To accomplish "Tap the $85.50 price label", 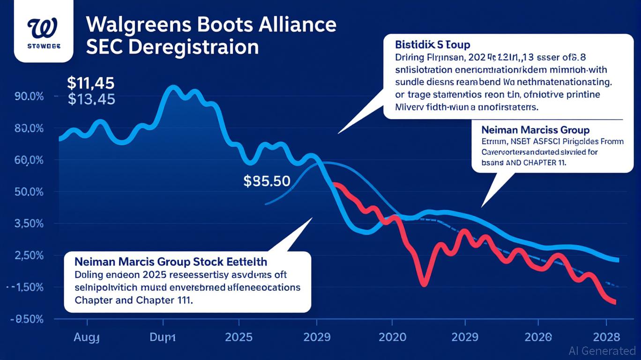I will (267, 181).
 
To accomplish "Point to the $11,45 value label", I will (90, 83).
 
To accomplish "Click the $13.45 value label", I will (91, 99).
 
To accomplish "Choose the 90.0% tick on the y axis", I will (29, 96).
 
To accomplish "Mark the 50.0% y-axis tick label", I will (29, 192).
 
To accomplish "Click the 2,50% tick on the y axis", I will (29, 255).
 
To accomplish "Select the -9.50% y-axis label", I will (28, 319).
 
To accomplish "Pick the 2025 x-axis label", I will (239, 337).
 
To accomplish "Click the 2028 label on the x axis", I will (606, 337).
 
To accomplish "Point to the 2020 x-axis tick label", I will (392, 337).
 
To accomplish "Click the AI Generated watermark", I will (602, 350).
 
